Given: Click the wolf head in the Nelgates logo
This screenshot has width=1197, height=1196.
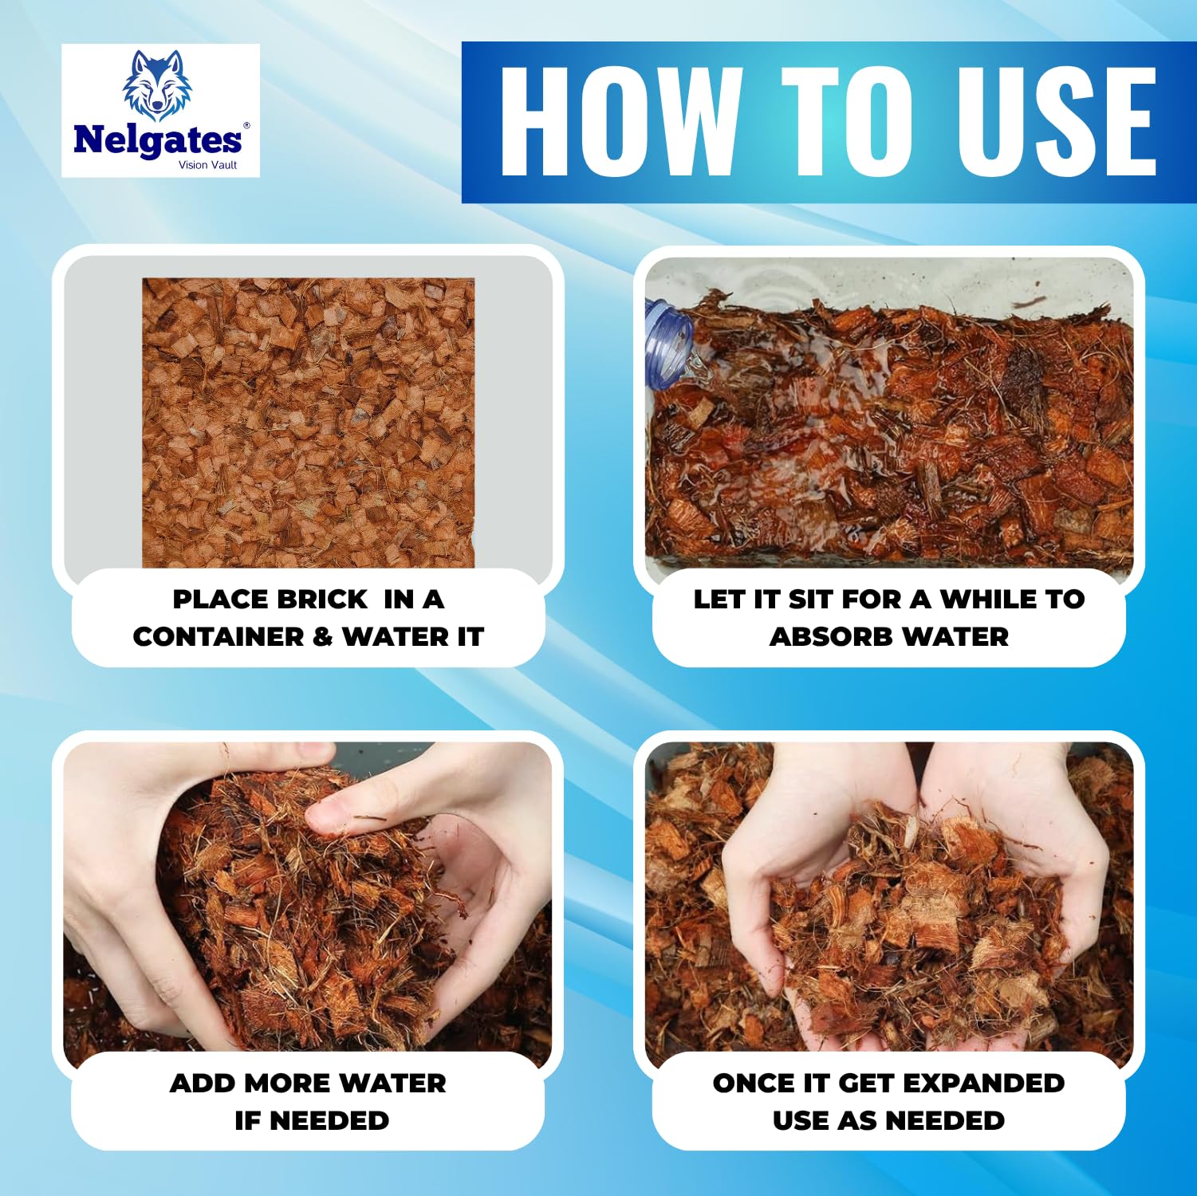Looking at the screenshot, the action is [157, 85].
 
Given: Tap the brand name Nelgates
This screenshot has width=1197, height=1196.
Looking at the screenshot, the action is [157, 141].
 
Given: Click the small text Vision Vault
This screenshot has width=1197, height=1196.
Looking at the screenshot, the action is [207, 165].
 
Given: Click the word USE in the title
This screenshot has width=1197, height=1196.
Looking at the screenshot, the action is [1057, 121].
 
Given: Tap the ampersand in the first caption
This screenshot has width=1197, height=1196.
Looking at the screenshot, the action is [323, 636].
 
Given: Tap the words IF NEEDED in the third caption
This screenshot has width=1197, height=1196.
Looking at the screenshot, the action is [312, 1120].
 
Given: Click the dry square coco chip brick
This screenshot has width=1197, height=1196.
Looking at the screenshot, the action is [309, 423].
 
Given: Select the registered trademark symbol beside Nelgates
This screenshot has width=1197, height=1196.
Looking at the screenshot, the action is [246, 126].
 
